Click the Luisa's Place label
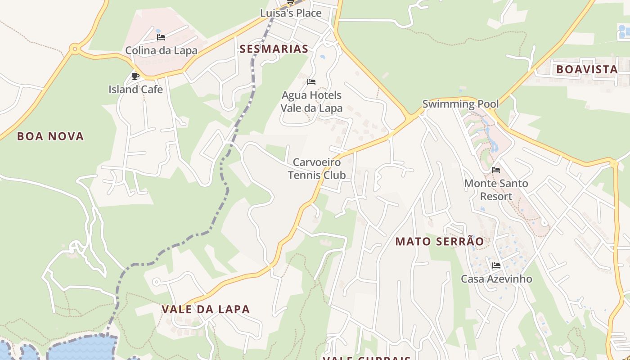click(291, 13)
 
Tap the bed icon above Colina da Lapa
click(161, 37)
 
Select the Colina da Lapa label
click(161, 50)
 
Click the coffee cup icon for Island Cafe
click(135, 76)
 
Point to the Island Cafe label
click(135, 90)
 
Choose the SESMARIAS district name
click(274, 49)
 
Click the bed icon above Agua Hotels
click(311, 82)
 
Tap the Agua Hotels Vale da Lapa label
click(311, 102)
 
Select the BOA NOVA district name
click(50, 136)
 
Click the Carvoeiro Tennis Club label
click(317, 169)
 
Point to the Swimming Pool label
click(460, 104)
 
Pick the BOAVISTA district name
click(587, 69)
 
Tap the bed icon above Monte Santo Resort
click(496, 170)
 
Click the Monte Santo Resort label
click(496, 190)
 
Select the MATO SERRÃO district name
click(440, 242)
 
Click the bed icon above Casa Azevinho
click(496, 265)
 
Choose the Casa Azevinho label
click(496, 279)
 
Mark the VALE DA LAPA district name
click(205, 310)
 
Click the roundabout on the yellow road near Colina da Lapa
click(75, 49)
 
